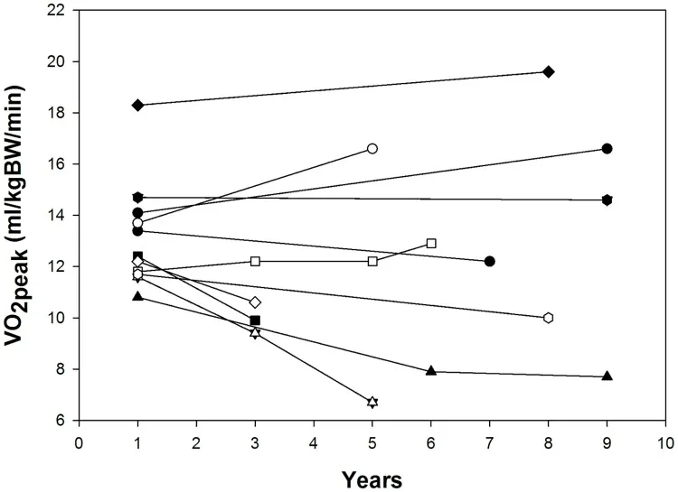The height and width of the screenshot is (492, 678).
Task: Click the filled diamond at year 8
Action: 549,71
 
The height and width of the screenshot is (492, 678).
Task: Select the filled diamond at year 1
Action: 137,105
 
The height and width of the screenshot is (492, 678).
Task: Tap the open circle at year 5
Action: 372,148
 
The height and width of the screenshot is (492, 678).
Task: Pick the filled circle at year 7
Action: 490,261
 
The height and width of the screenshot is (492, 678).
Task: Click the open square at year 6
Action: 431,243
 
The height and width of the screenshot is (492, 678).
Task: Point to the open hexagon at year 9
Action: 549,318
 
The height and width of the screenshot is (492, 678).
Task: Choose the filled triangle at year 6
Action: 431,371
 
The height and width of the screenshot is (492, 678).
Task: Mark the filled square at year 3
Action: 255,320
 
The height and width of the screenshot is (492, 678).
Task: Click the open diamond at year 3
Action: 255,302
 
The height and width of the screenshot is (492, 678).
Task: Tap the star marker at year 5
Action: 372,402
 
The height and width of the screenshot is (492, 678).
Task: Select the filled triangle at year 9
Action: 607,376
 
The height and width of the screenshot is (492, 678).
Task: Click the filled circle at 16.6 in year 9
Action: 607,148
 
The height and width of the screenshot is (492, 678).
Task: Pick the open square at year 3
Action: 255,261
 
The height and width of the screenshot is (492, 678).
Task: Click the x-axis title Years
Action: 372,476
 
